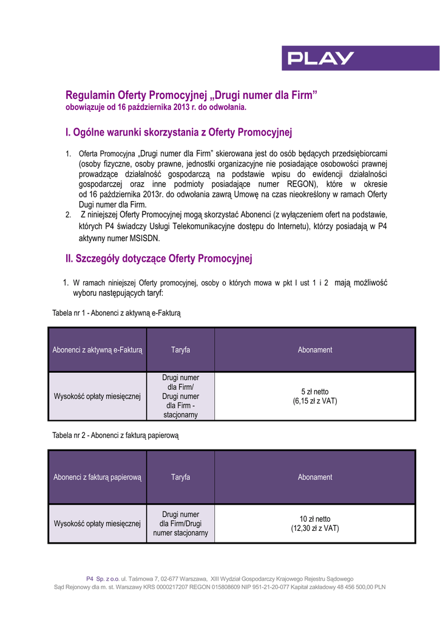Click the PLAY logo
click(321, 58)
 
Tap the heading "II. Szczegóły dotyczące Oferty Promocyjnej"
click(158, 259)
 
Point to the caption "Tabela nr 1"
click(117, 313)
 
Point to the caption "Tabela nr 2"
click(115, 436)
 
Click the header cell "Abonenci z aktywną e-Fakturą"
click(97, 350)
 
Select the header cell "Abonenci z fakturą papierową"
click(97, 477)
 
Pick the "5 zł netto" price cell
click(315, 397)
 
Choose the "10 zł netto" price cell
click(315, 524)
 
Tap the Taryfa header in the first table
click(180, 350)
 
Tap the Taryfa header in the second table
click(180, 477)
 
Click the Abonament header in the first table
click(315, 350)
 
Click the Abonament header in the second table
click(315, 477)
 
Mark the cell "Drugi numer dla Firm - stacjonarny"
click(180, 397)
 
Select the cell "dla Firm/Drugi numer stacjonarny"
click(180, 524)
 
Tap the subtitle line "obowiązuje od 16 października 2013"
click(156, 108)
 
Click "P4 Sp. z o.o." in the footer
click(103, 579)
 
